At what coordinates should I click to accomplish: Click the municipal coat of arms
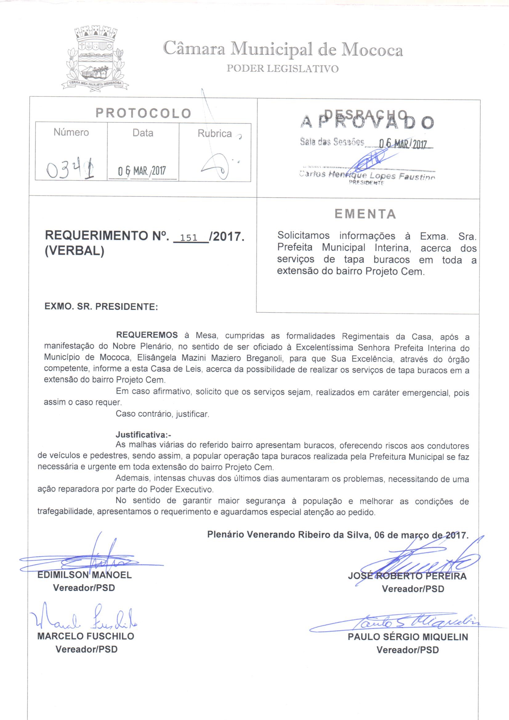coord(95,58)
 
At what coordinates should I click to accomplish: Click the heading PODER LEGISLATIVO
coord(282,69)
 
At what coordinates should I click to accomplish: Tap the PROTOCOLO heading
coord(143,113)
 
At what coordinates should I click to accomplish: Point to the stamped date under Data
coord(142,171)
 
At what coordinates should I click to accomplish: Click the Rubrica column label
coord(215,134)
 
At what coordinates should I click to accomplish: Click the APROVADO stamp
coord(367,122)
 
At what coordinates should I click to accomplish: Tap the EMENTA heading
coord(365,214)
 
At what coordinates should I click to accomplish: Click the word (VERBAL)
coord(75,252)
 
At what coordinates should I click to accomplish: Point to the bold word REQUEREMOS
coord(147,335)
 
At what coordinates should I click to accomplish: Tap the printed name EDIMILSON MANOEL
coord(84,575)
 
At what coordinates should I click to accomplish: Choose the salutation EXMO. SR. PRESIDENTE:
coord(101,306)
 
